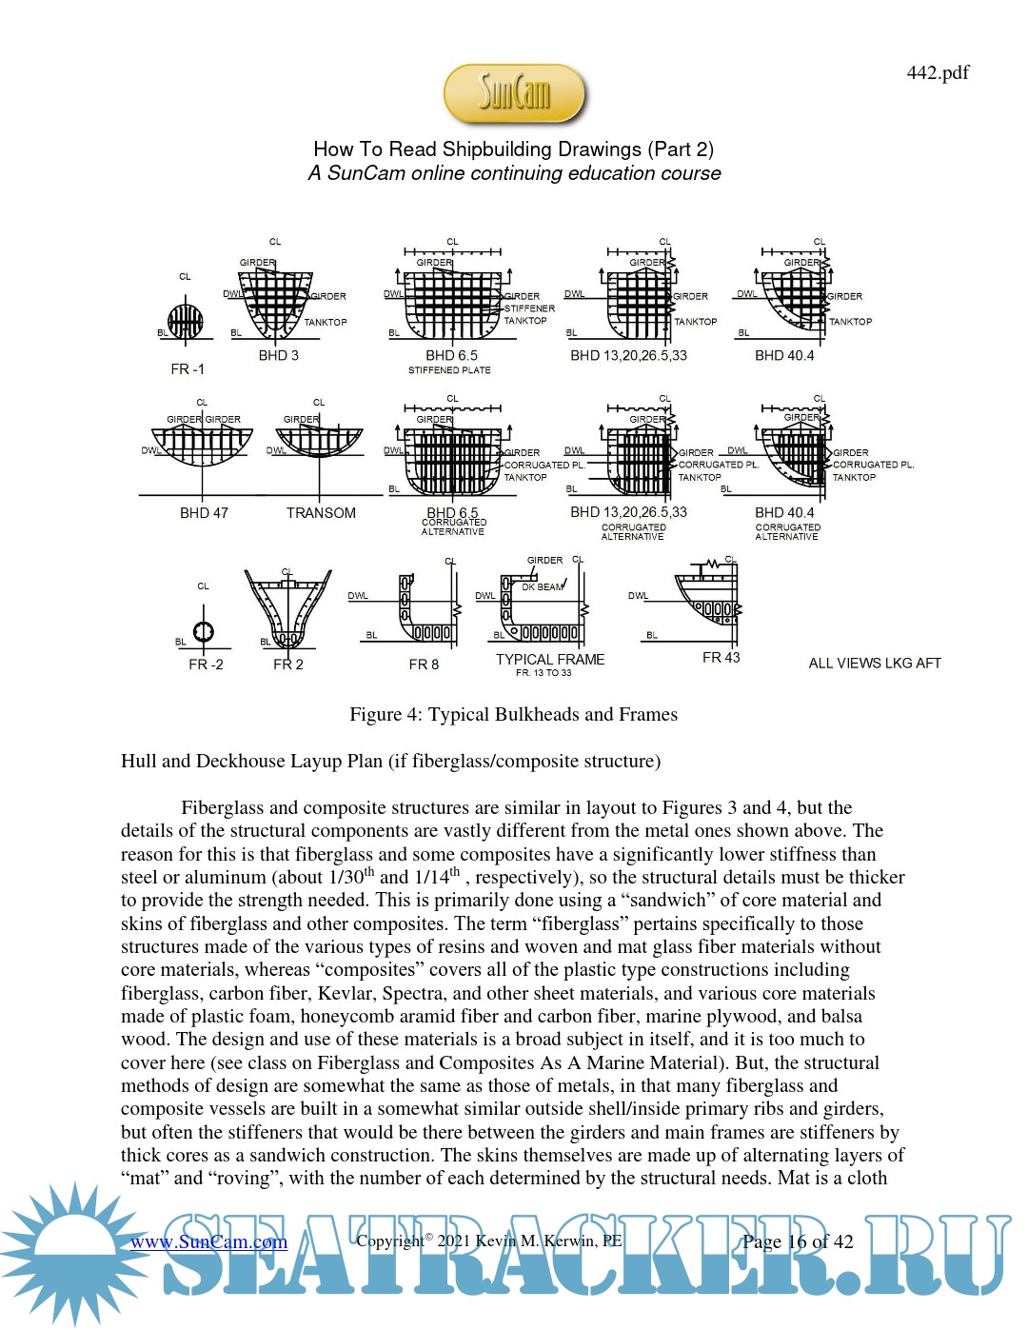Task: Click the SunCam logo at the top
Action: tap(514, 93)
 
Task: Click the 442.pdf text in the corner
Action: tap(938, 72)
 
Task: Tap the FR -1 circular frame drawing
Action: tap(186, 322)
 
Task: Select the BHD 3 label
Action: tap(278, 355)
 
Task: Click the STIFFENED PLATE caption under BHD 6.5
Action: tap(449, 370)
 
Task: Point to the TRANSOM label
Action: tap(321, 513)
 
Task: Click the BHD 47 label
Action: tap(204, 513)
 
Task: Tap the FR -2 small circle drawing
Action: tap(203, 631)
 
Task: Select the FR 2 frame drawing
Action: tap(287, 609)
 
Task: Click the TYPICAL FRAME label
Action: tap(550, 659)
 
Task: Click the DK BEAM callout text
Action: tap(542, 587)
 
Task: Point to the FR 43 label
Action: tap(721, 658)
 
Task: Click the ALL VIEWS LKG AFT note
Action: tap(874, 664)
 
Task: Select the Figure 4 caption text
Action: tap(513, 715)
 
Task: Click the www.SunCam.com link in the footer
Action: tap(208, 1241)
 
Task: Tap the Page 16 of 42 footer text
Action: tap(798, 1241)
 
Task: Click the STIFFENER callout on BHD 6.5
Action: tap(529, 308)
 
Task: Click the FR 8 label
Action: tap(424, 665)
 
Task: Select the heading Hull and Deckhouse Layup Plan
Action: tap(390, 762)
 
